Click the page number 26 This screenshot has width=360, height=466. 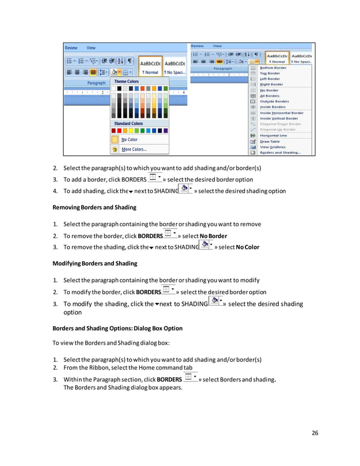coord(315,433)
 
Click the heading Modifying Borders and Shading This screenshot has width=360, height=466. coord(94,263)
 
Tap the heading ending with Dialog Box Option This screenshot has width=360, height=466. coord(117,328)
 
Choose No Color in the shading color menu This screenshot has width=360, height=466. coord(129,139)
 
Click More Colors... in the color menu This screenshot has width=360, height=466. coord(134,150)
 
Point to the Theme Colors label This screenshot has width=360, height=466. coord(126,81)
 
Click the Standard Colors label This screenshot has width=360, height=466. coord(129,123)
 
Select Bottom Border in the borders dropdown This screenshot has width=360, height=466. coord(273,68)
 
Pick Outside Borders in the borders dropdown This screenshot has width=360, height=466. coord(274,102)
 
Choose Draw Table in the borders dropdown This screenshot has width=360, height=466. coord(270,141)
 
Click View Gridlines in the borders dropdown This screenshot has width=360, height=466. coord(272,147)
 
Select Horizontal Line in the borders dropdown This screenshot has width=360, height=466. coord(273,135)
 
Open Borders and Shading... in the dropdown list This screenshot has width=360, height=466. coord(279,152)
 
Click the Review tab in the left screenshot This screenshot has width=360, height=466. coord(71,48)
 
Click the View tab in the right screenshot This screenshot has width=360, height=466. coord(217,46)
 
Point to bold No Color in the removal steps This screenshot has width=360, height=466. coord(248,247)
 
